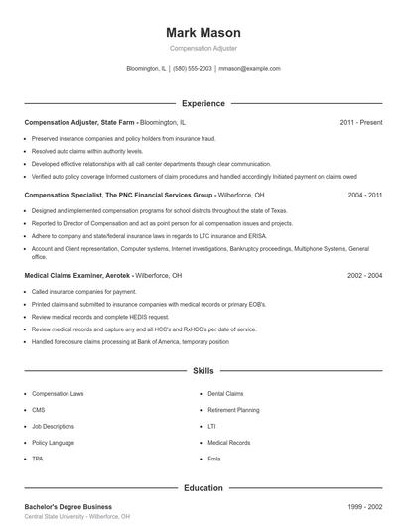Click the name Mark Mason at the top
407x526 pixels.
203,32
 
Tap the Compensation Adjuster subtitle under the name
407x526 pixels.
203,48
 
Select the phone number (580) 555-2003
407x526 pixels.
192,69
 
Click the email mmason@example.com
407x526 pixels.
249,69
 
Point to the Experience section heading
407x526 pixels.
203,103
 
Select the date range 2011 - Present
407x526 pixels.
360,122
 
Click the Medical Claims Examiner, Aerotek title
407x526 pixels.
77,275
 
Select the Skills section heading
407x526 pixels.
203,371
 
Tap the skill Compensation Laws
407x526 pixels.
58,393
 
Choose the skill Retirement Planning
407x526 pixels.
233,409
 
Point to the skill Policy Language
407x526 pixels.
53,442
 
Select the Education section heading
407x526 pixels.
203,487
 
